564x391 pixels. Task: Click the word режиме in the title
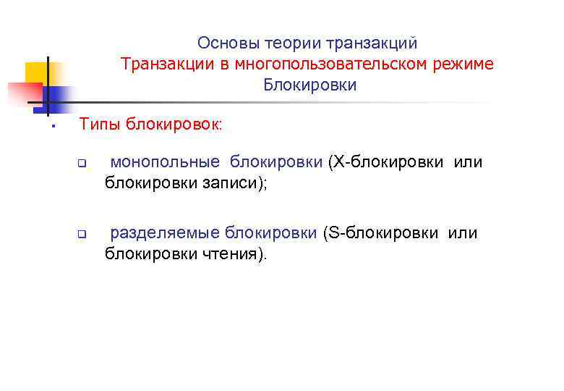click(465, 64)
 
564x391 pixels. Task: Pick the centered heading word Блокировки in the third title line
click(309, 85)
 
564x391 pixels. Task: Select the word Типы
click(101, 125)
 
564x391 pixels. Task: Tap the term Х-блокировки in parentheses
click(388, 162)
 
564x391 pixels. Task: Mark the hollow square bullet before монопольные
click(83, 164)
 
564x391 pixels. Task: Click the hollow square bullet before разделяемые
click(83, 235)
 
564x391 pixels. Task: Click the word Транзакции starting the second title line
click(163, 64)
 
